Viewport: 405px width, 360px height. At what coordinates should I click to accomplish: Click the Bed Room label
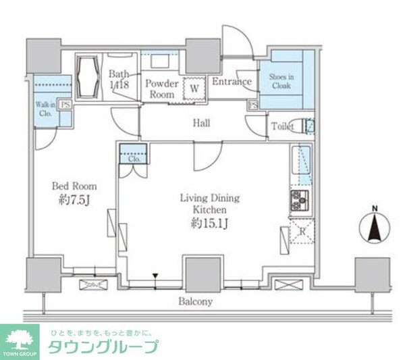pos(75,186)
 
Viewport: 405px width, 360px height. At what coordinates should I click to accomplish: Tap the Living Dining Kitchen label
pos(209,204)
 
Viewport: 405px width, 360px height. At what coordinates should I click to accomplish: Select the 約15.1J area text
pos(209,223)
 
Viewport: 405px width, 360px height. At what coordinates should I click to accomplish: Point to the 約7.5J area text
pos(75,200)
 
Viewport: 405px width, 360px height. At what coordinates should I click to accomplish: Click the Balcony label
pos(196,302)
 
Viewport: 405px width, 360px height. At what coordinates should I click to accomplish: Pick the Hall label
pos(201,123)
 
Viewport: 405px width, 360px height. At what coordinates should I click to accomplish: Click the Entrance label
pos(232,82)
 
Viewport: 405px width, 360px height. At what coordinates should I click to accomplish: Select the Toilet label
pos(282,126)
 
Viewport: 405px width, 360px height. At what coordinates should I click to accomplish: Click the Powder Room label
pos(163,89)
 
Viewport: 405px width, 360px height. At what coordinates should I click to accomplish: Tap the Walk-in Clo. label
pos(45,109)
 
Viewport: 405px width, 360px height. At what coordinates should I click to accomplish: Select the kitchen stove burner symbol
pos(299,200)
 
